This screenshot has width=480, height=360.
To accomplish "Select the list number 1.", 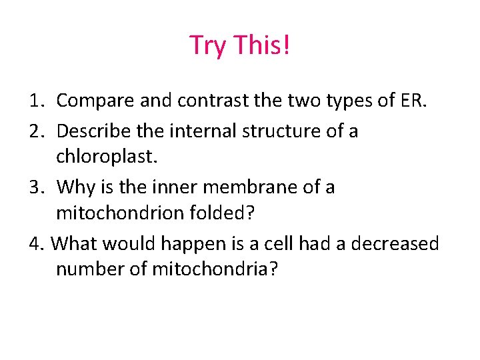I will pos(37,101).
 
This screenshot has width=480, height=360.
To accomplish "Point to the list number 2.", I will pos(37,131).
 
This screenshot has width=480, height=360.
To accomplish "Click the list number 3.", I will pos(37,187).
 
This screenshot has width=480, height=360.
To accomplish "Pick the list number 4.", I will pos(37,244).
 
